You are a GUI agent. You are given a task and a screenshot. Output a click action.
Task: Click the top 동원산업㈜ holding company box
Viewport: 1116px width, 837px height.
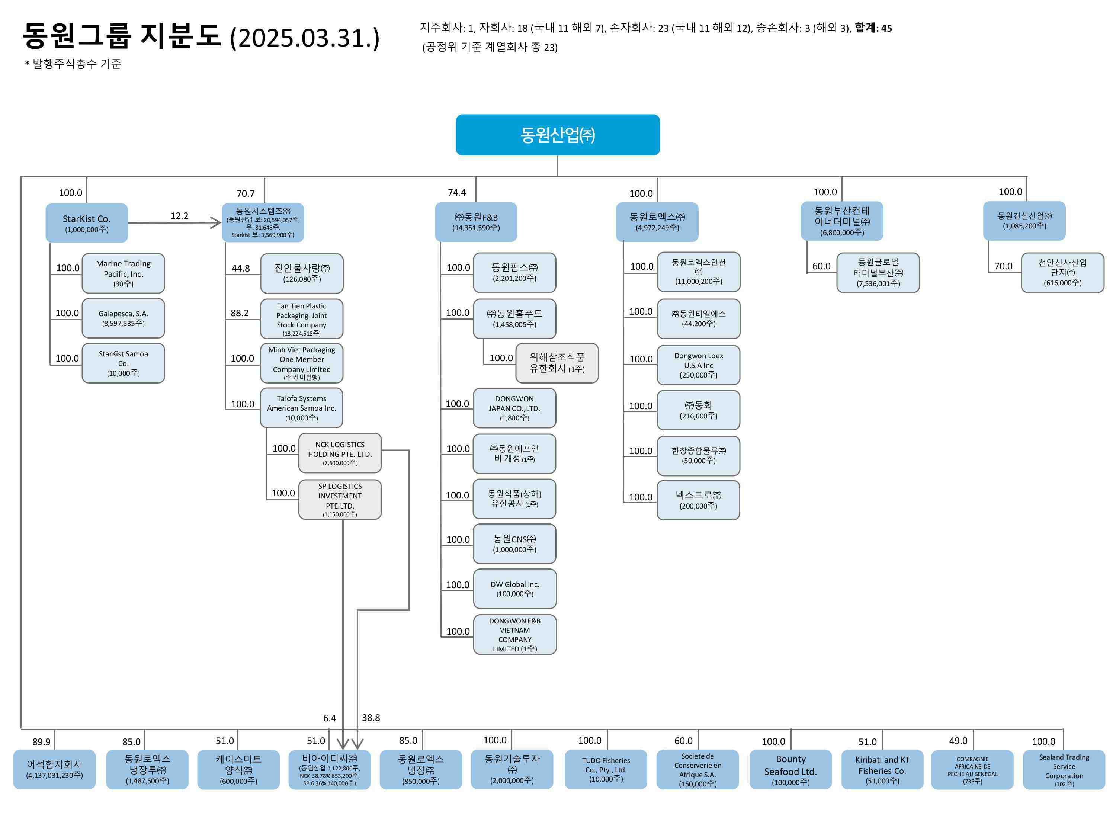click(x=558, y=135)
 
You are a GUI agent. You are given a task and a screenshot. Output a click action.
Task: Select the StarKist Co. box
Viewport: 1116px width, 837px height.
click(x=86, y=223)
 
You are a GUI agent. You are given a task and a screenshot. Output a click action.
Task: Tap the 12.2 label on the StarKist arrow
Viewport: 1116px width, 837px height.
click(x=179, y=216)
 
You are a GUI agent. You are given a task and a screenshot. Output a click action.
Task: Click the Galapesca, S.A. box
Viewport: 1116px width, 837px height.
click(x=123, y=318)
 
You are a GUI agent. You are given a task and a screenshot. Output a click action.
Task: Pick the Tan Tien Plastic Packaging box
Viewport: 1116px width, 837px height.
click(x=302, y=319)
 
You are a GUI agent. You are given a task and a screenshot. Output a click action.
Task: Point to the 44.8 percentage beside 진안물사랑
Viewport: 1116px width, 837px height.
click(x=241, y=269)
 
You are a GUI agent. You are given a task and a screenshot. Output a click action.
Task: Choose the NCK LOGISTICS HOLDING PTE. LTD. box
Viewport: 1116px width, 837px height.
click(x=340, y=453)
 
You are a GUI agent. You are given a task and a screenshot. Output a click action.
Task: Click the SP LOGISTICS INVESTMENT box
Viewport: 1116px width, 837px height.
click(x=340, y=500)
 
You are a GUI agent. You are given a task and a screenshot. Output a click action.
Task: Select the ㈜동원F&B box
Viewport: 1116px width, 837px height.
click(x=476, y=222)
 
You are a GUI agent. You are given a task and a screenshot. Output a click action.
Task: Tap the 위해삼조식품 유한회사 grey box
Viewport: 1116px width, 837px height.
click(x=557, y=363)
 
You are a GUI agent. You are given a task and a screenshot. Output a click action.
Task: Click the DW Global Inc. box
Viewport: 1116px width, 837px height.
click(x=514, y=589)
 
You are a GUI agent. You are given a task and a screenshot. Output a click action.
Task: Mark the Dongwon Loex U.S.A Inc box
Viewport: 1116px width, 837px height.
click(x=698, y=365)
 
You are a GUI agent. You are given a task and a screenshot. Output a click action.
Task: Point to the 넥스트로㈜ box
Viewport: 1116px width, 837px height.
click(x=698, y=500)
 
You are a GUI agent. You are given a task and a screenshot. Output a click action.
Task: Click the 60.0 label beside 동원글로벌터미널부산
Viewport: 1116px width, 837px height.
click(x=821, y=266)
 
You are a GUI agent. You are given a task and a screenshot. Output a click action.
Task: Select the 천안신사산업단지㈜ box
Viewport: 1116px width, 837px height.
click(x=1062, y=272)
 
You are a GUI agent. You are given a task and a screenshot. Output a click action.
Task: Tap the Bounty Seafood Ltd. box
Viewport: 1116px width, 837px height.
click(x=790, y=769)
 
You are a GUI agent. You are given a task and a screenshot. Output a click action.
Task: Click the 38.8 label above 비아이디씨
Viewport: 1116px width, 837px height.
click(x=371, y=718)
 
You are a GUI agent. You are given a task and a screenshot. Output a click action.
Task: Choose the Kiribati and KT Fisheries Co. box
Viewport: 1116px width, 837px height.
click(x=882, y=769)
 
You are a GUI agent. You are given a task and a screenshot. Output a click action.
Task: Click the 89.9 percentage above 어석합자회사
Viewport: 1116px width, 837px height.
click(x=41, y=742)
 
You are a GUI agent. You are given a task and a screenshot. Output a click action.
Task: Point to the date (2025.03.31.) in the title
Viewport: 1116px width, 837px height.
click(x=304, y=38)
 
